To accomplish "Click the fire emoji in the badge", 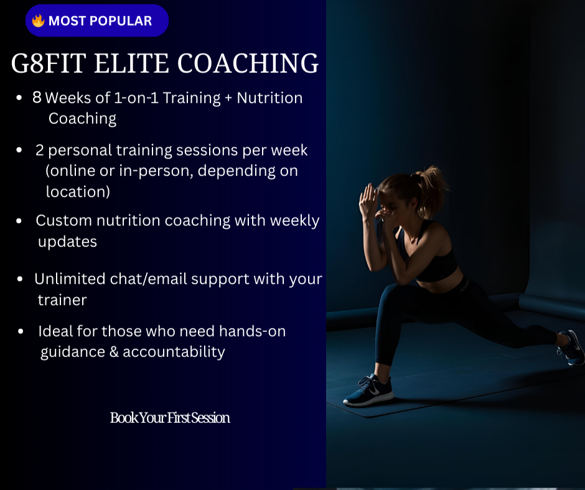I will (39, 21).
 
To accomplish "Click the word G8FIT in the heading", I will (52, 64).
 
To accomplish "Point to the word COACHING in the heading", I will (249, 64).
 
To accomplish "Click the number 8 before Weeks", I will (37, 98).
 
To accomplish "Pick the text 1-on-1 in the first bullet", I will (137, 98).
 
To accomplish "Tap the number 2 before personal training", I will (40, 150).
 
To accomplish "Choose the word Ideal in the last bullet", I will (55, 331).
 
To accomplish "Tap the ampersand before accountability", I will (113, 352).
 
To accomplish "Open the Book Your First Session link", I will (170, 418).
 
